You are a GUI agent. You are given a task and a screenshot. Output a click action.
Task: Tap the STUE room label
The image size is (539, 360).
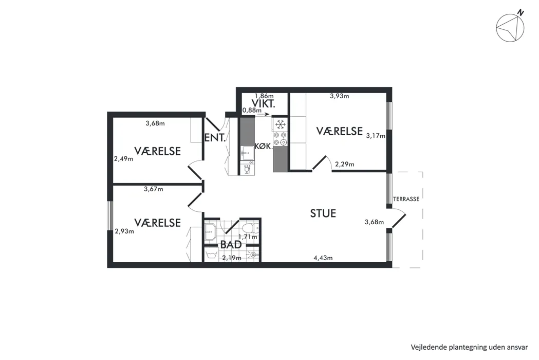click(x=323, y=213)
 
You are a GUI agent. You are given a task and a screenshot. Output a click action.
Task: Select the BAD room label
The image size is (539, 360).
click(x=231, y=245)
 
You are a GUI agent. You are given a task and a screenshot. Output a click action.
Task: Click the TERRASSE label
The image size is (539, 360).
click(x=406, y=199)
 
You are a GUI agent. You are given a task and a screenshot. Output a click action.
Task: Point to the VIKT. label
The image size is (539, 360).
click(x=263, y=103)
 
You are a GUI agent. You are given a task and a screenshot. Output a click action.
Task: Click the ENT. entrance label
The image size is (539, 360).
click(x=215, y=138)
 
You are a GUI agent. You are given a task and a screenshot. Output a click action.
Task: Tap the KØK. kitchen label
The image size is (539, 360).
click(x=263, y=146)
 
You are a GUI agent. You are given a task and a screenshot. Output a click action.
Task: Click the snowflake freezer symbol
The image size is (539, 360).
click(x=281, y=124)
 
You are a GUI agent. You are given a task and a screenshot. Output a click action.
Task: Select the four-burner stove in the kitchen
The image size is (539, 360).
click(x=280, y=138)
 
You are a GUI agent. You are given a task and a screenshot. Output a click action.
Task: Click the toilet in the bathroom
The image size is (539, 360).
click(x=250, y=228)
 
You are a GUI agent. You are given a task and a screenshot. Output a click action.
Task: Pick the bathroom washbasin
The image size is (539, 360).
click(x=210, y=231)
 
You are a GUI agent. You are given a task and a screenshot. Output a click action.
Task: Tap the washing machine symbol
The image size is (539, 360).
click(x=211, y=254)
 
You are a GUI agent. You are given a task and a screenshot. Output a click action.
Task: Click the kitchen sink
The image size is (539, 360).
click(x=247, y=152)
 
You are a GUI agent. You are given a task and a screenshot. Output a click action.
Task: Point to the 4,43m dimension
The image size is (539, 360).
click(x=323, y=258)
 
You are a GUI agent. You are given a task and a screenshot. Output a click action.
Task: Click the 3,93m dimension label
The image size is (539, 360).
click(x=339, y=96)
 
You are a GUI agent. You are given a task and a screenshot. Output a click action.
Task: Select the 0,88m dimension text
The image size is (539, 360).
click(x=252, y=110)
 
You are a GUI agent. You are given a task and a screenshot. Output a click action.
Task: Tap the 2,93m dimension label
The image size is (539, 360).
click(x=124, y=231)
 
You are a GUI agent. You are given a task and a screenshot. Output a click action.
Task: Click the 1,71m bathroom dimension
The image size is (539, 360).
click(x=248, y=237)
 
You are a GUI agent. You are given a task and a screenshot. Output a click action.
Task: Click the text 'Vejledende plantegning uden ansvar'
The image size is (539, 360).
click(x=469, y=347)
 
